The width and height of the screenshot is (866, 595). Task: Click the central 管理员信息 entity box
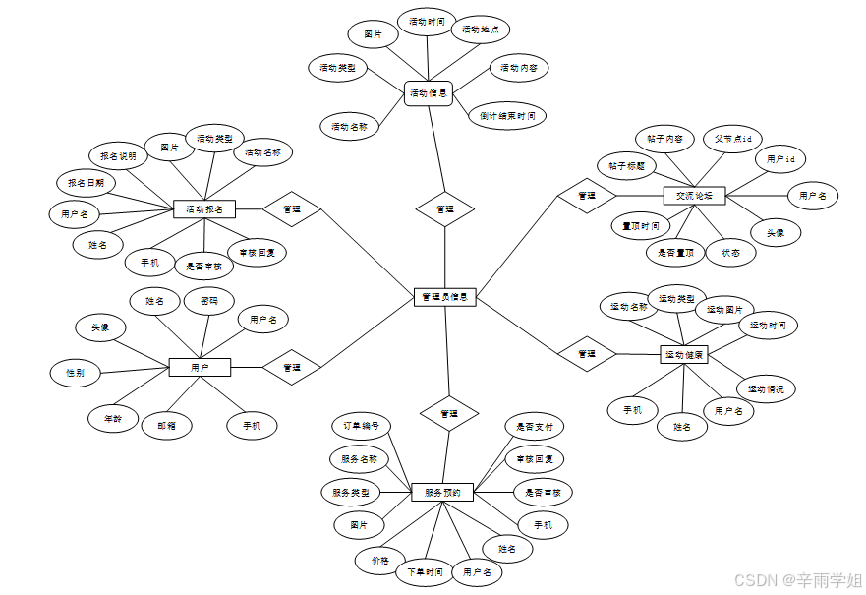[x=445, y=296]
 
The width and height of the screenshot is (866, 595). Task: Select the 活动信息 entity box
[x=429, y=94]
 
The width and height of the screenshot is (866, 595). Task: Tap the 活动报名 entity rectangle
[x=204, y=208]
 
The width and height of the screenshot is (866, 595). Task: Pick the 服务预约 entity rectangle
[x=442, y=492]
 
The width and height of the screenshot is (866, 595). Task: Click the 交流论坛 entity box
[x=694, y=196]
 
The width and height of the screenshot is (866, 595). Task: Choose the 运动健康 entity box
[x=684, y=354]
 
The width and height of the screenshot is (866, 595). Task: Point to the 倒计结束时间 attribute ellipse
[x=507, y=116]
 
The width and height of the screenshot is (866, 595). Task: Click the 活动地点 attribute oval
[x=481, y=30]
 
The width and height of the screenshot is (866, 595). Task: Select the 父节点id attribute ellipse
[x=732, y=139]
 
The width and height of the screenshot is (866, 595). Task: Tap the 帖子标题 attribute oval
[x=626, y=165]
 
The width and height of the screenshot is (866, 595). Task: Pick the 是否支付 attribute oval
[x=535, y=427]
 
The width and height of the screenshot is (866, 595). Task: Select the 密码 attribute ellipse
[x=209, y=300]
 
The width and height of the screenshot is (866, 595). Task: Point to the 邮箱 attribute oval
[x=166, y=426]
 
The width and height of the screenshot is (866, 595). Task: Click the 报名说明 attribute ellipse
[x=118, y=155]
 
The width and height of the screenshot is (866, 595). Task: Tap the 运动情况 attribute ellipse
[x=766, y=388]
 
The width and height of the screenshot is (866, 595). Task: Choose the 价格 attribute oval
[x=380, y=560]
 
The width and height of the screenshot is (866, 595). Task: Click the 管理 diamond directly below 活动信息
[x=445, y=208]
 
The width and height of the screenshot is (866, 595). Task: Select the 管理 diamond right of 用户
[x=292, y=367]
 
